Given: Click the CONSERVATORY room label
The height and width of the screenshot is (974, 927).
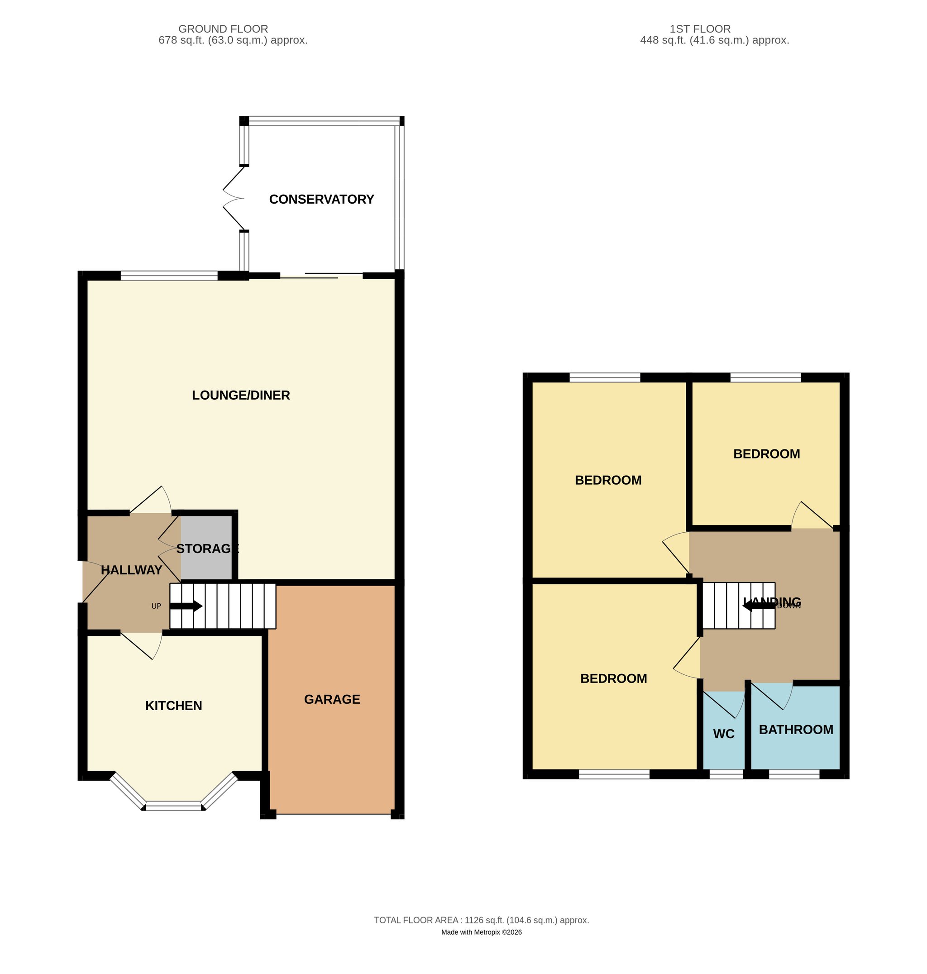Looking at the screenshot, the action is (x=321, y=199).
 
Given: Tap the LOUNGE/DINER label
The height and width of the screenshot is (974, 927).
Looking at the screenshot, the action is (x=241, y=395).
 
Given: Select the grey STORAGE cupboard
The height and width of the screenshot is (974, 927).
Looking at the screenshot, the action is (x=206, y=548).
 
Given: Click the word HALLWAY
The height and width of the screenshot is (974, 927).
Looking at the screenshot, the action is (x=131, y=570).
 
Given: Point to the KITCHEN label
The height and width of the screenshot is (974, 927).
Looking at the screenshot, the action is (x=173, y=706).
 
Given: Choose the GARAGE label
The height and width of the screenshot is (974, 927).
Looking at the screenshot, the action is (x=332, y=699).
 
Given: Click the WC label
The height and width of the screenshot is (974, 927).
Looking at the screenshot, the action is (x=723, y=734).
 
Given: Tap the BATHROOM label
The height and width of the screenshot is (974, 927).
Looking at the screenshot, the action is (x=796, y=730).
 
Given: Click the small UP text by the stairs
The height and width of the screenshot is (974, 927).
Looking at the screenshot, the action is (x=156, y=606).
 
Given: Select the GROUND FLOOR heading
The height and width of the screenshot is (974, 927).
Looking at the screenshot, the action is (x=223, y=29).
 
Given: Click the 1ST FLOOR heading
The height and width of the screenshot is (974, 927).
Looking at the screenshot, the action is (x=700, y=29).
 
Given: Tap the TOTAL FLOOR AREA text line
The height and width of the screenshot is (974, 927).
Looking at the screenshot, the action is (x=481, y=920).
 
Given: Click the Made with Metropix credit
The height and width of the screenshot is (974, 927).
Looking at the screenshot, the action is (x=481, y=932).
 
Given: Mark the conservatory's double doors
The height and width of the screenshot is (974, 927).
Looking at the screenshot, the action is (x=233, y=198).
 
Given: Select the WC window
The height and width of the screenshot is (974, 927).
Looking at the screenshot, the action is (x=726, y=774).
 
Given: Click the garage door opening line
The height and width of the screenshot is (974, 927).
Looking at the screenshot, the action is (x=334, y=814).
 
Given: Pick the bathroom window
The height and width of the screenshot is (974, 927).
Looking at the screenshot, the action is (x=794, y=774).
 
